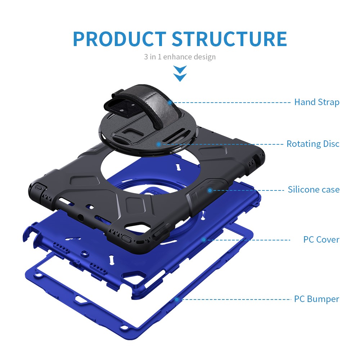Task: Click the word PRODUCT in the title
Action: (120, 39)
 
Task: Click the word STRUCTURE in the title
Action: (229, 39)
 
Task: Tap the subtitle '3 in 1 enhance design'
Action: (180, 57)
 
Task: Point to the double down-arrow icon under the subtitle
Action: (180, 73)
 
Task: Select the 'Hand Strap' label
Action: (317, 102)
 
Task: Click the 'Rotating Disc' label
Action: (313, 144)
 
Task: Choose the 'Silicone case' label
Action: (314, 189)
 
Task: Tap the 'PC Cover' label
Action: (321, 239)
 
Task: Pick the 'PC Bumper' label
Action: (316, 299)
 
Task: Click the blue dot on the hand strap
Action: (170, 103)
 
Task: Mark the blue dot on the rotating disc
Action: (159, 144)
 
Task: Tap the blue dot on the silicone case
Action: (210, 190)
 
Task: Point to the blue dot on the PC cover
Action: (203, 240)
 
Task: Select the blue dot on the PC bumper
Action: (177, 300)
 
